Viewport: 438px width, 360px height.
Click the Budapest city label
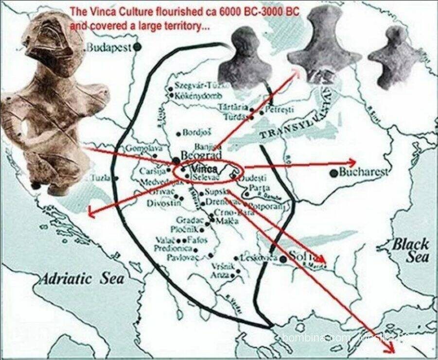point(110,47)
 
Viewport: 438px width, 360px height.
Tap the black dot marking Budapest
point(138,47)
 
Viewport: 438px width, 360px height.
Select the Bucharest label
point(364,171)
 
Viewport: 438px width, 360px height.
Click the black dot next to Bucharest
point(333,172)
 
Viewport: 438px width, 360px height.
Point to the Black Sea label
point(411,250)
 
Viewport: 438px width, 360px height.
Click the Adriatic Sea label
point(82,278)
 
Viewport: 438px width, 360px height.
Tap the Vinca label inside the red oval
point(204,169)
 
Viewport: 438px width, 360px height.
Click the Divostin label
point(161,202)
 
